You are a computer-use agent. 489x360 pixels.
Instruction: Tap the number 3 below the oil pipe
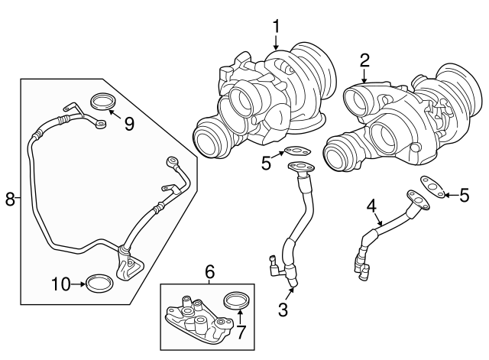pyautogui.click(x=283, y=310)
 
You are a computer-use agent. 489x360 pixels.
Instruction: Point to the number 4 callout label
pyautogui.click(x=371, y=206)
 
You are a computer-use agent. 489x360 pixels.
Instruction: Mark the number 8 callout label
pyautogui.click(x=10, y=199)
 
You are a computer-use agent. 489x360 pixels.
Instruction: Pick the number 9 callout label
pyautogui.click(x=129, y=123)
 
